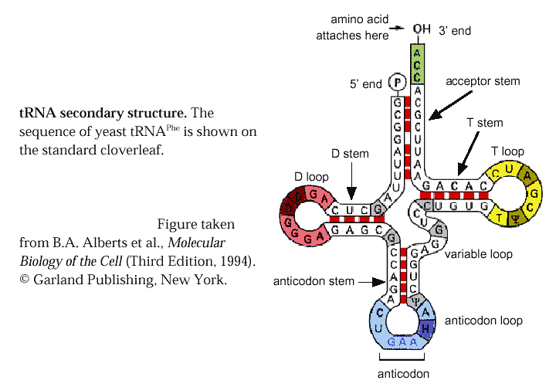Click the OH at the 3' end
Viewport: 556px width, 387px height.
[421, 29]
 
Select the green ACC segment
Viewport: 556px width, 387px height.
[417, 64]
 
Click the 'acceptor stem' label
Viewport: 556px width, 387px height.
[483, 81]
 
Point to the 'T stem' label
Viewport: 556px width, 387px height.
[485, 123]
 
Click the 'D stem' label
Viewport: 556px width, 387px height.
[351, 154]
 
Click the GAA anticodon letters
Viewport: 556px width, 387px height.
[402, 341]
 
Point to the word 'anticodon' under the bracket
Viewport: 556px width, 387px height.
[402, 373]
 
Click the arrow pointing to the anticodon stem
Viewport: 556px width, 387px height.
[367, 281]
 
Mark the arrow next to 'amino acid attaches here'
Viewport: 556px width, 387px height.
[398, 29]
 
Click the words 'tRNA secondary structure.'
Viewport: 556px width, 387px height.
[103, 113]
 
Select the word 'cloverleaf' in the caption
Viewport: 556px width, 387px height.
[134, 150]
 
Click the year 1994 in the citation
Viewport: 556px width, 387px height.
[237, 261]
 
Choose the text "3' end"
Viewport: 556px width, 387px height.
[455, 31]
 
